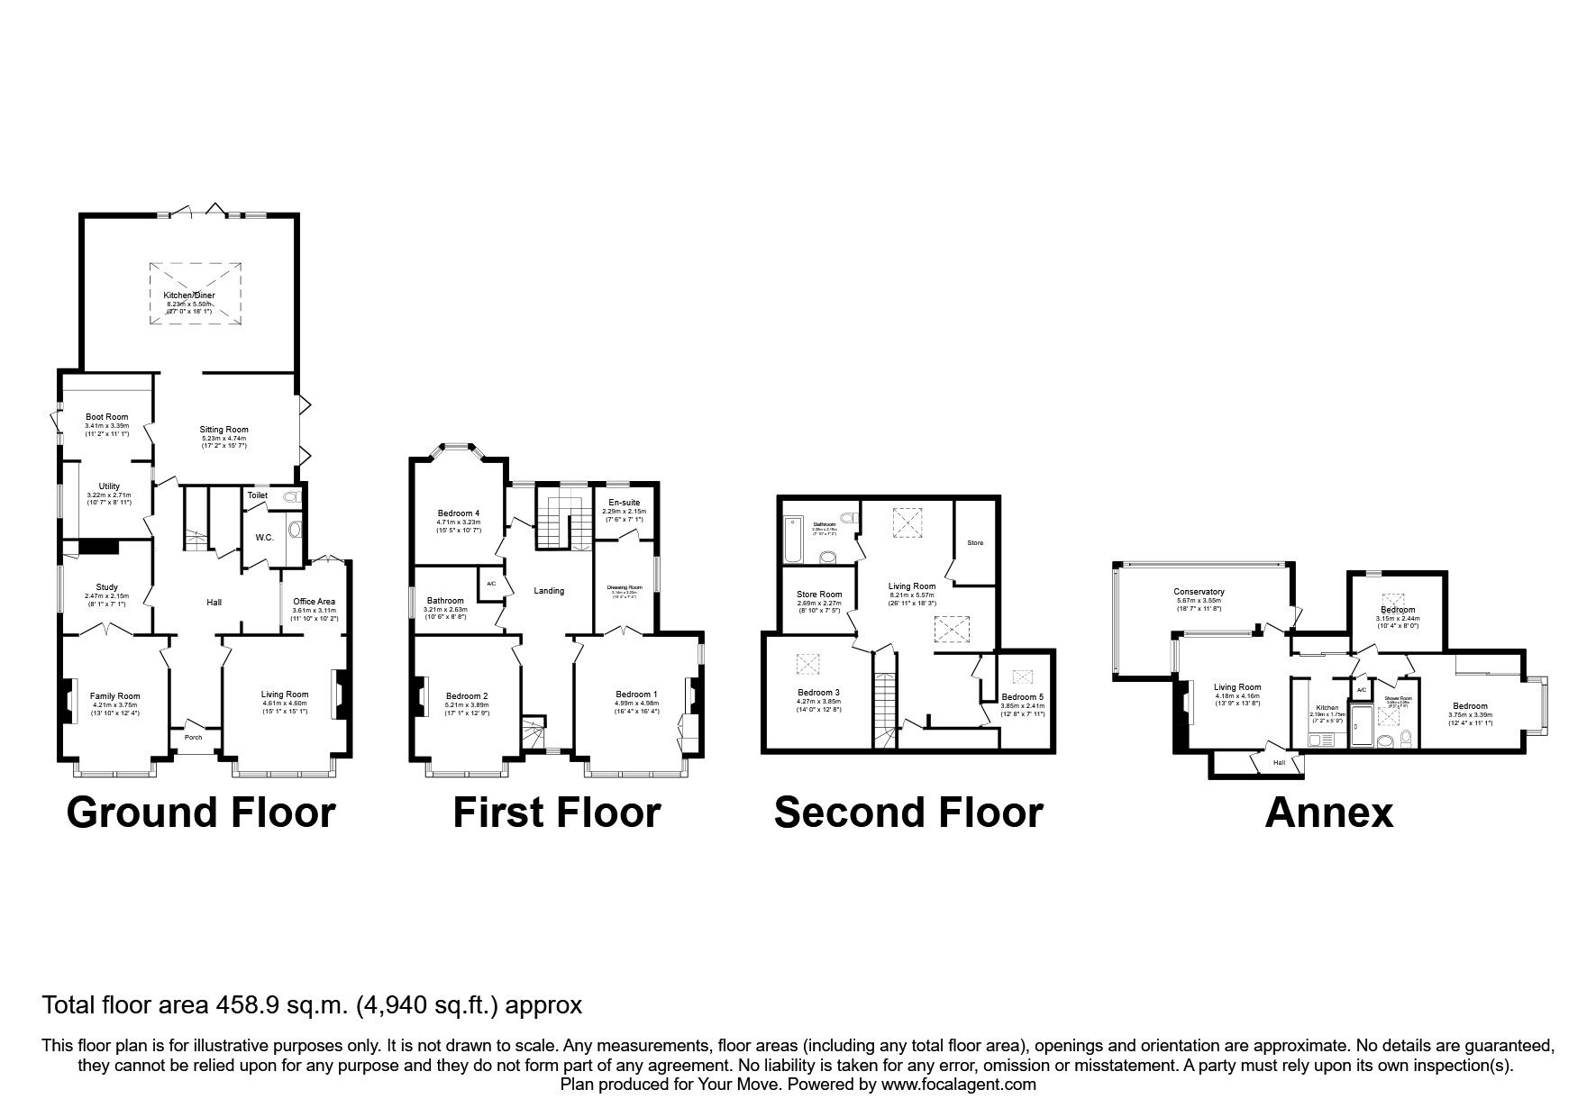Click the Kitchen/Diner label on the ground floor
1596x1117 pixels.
(189, 295)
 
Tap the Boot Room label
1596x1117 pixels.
(106, 417)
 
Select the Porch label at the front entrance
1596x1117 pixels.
(193, 737)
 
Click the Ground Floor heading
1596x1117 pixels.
(201, 812)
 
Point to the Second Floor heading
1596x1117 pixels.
(907, 812)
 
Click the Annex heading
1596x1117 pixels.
(1328, 812)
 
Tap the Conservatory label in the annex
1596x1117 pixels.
(1199, 592)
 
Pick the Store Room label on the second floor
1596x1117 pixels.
(819, 594)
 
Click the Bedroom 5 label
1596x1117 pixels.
(1023, 697)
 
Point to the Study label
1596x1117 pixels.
(106, 587)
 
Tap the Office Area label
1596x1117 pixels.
(315, 601)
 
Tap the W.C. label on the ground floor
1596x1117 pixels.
(264, 538)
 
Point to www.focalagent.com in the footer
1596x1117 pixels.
(959, 1085)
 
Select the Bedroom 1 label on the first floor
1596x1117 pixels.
(636, 694)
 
